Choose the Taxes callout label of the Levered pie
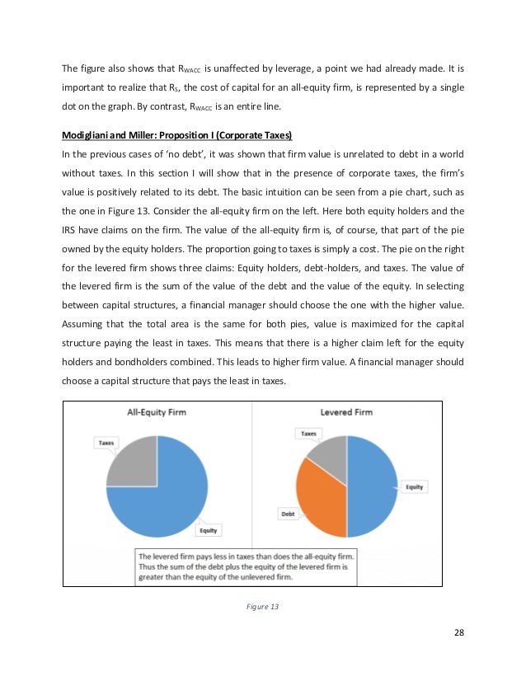point(308,433)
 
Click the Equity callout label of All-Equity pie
point(208,530)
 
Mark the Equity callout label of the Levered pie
point(414,486)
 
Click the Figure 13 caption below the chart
point(263,606)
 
